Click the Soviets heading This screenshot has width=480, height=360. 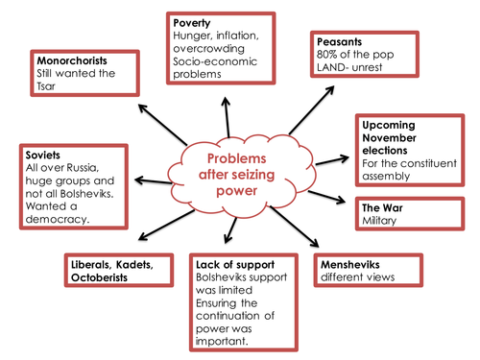[x=42, y=152]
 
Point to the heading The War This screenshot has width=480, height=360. [x=382, y=207]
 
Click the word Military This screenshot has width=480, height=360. [x=380, y=222]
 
